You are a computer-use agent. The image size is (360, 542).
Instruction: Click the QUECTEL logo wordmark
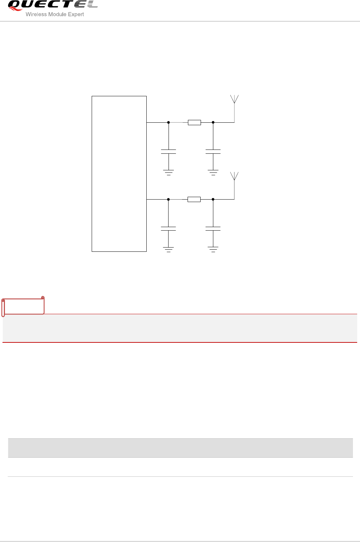52,5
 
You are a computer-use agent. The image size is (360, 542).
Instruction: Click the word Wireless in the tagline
35,14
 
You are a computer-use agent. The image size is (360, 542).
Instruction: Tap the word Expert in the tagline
76,14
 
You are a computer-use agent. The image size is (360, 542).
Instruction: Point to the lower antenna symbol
234,176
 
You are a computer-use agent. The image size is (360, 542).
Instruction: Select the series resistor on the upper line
194,122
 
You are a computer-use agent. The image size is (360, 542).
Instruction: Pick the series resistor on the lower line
194,199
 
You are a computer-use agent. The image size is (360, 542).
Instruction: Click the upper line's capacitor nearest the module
169,152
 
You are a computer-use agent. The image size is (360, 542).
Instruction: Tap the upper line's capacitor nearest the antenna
213,152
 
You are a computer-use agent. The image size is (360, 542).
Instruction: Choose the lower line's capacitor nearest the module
169,229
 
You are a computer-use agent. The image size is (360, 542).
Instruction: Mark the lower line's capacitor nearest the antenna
213,229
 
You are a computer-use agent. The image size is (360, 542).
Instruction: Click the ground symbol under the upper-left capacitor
169,172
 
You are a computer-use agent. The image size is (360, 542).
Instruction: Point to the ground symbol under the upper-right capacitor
213,172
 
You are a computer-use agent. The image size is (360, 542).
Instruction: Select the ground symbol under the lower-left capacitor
169,249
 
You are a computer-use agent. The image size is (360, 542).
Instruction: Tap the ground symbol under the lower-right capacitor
213,249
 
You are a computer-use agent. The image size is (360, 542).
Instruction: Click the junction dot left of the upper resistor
169,122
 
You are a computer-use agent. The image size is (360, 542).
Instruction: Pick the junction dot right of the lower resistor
213,199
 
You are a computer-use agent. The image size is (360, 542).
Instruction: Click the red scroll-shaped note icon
23,306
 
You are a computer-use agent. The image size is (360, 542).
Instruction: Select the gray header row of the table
180,448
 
